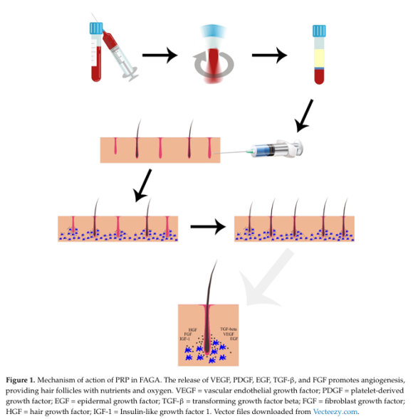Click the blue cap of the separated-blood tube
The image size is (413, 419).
click(319, 31)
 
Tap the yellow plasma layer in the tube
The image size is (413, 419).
click(319, 58)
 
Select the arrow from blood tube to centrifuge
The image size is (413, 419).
click(160, 55)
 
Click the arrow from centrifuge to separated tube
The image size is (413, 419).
click(270, 55)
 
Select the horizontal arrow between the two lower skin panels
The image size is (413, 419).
click(208, 227)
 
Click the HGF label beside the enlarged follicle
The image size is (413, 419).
click(192, 330)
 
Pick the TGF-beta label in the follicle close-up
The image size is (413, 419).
click(229, 329)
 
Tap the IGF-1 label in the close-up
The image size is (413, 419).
click(185, 339)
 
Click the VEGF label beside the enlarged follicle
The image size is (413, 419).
click(229, 334)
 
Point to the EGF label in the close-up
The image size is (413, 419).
click(234, 339)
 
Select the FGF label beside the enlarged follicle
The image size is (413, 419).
click(188, 334)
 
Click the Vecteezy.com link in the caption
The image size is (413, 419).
click(335, 411)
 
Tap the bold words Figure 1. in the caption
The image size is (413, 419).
click(21, 380)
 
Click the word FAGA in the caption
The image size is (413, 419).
click(150, 380)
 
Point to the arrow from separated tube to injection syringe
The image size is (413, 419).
click(304, 116)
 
